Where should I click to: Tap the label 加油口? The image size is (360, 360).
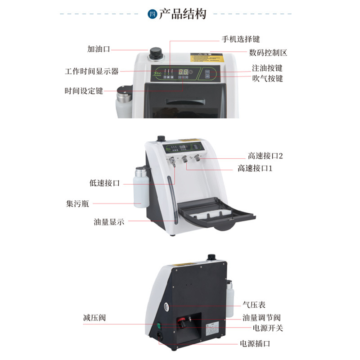tap(99, 49)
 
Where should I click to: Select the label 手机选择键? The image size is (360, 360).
tap(241, 39)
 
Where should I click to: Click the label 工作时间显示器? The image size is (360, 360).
tap(91, 71)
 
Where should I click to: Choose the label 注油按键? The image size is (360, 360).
tap(267, 68)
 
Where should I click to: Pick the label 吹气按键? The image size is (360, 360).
tap(267, 78)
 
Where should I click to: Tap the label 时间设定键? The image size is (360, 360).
tap(84, 91)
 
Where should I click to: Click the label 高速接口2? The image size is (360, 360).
tap(265, 156)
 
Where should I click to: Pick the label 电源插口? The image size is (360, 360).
tap(255, 344)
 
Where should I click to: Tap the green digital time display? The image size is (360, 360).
tap(183, 72)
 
